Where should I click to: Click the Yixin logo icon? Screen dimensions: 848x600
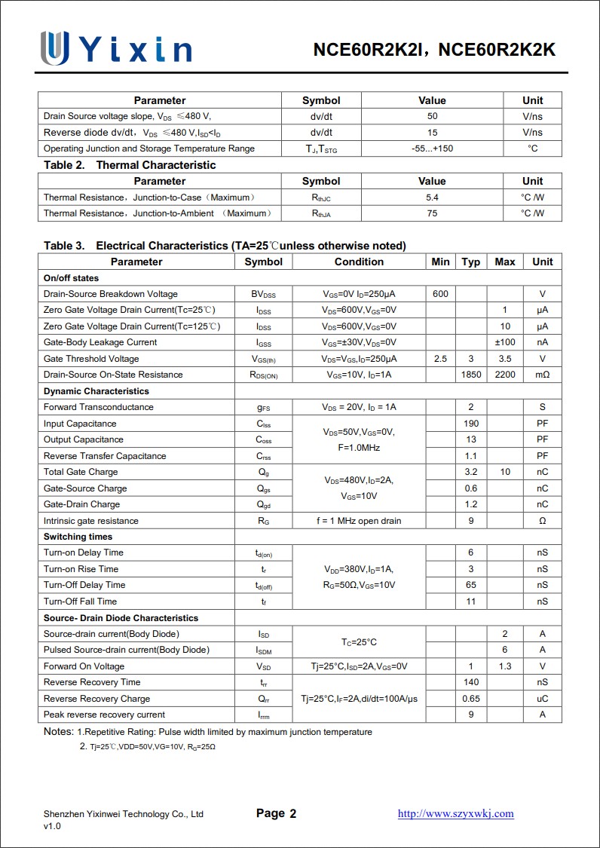click(55, 47)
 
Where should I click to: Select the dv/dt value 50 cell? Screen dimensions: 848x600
click(432, 117)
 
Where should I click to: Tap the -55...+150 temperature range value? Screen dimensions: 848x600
click(432, 148)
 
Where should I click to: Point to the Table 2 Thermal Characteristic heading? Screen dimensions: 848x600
click(130, 165)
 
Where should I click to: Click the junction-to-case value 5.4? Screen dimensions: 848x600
click(432, 197)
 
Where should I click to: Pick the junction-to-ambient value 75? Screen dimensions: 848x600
click(432, 213)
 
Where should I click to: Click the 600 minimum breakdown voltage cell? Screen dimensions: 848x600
click(440, 294)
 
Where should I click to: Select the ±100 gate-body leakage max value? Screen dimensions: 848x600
click(504, 342)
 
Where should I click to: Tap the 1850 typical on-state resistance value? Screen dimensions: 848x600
click(471, 375)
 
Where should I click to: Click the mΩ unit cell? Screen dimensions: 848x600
click(542, 375)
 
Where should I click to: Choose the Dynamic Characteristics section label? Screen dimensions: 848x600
click(96, 391)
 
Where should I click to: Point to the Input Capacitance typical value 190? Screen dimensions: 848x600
click(471, 424)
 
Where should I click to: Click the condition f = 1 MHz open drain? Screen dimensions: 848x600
click(359, 521)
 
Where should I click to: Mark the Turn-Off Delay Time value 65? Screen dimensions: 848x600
click(471, 585)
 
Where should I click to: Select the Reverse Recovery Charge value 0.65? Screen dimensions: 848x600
click(471, 699)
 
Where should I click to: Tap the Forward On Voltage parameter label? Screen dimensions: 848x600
click(84, 666)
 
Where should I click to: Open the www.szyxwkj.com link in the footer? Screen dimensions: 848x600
click(455, 813)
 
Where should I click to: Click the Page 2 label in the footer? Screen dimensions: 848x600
click(276, 813)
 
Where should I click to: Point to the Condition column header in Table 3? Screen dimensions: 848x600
click(359, 262)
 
